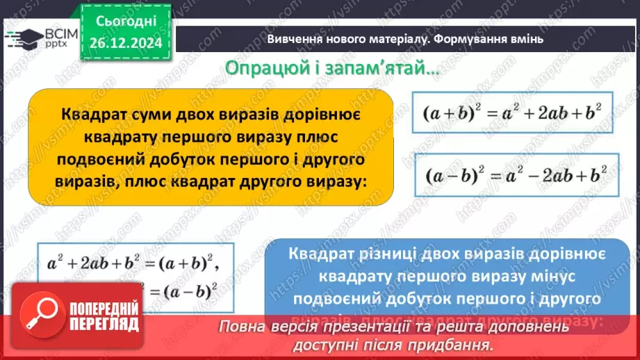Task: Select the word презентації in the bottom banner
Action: coord(357,327)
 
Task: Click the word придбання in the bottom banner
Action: coord(457,345)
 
